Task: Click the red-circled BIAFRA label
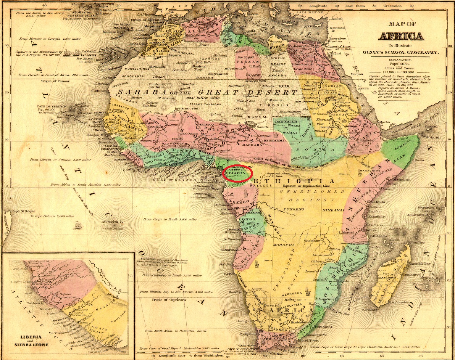point(237,172)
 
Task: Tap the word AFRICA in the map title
point(400,37)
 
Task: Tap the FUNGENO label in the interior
point(293,209)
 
